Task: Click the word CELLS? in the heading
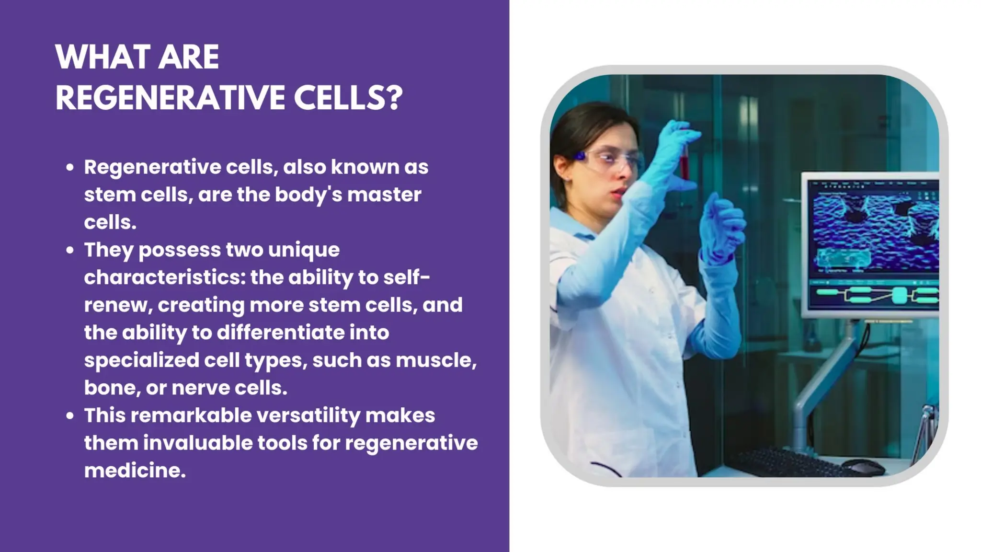point(348,98)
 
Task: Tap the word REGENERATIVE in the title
point(170,98)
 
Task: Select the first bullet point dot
point(70,167)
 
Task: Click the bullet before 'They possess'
point(70,250)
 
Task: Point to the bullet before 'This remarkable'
point(70,415)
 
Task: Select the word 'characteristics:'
point(164,277)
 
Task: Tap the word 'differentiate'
point(280,333)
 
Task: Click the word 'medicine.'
point(135,471)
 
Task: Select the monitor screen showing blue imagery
point(873,244)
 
